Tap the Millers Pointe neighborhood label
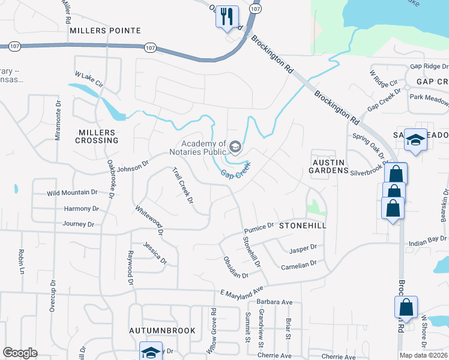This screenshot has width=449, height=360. pos(105,30)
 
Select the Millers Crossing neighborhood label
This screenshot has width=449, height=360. pos(97,136)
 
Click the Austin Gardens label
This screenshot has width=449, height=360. pos(328,166)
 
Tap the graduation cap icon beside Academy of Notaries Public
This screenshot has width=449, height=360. pos(235,146)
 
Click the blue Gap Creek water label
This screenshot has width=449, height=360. pos(234,169)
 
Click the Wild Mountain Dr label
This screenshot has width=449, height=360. pos(73,193)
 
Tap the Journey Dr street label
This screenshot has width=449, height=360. pos(78,224)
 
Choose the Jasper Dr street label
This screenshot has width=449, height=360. pos(303,247)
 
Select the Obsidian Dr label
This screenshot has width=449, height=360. pos(235,268)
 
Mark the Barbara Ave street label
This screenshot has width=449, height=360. pos(274,302)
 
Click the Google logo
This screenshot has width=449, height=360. pos(20,353)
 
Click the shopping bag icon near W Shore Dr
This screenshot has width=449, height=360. pos(406,307)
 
